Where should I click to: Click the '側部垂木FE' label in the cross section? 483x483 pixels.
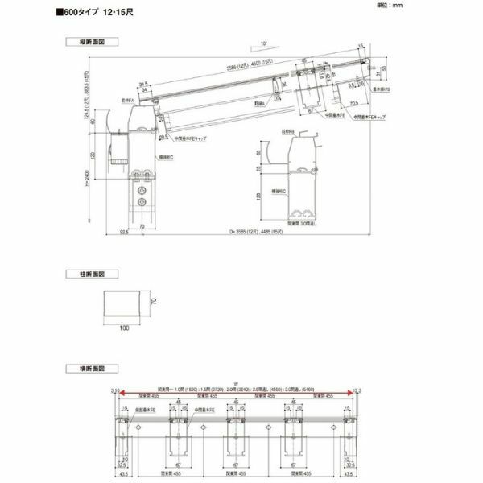pos(146,410)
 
